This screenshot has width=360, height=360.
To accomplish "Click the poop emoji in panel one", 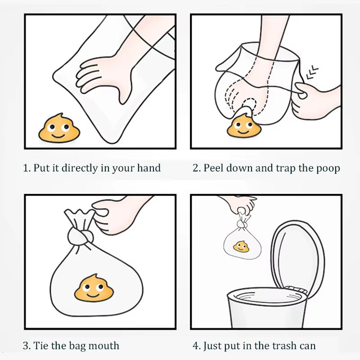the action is click(59, 128).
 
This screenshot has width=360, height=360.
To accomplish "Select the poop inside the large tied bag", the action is click(94, 288).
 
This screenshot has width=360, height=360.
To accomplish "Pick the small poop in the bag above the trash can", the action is click(241, 247).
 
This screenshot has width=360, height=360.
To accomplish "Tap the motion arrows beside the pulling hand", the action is click(312, 72).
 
